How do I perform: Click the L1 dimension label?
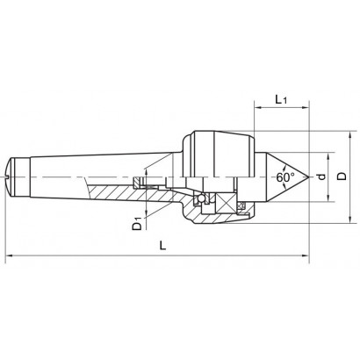point(281,100)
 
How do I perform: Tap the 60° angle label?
point(285,177)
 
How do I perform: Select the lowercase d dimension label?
point(321,176)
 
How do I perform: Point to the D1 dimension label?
point(136,223)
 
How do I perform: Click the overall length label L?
point(162,245)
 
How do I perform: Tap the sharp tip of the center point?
point(309,177)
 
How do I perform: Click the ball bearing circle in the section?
point(201,198)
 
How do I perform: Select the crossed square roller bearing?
point(225,204)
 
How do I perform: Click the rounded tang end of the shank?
point(11,176)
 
